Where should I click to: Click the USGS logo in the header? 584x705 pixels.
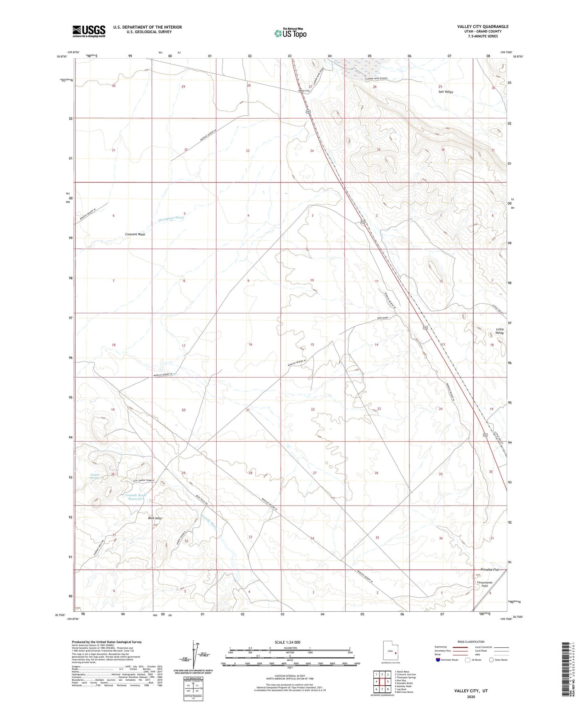[89, 31]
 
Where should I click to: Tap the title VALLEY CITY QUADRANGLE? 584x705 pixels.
[483, 27]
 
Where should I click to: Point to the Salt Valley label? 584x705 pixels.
[445, 92]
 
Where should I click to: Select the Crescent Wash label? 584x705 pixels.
[135, 234]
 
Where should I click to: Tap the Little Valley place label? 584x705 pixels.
[500, 331]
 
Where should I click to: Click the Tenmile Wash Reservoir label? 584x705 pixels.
[135, 497]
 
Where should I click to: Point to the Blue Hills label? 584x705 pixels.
[155, 518]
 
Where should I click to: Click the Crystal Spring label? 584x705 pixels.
[94, 476]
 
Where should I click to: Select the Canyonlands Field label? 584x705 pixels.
[485, 584]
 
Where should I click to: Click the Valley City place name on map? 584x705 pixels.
[304, 91]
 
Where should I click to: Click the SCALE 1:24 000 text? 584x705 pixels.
[287, 642]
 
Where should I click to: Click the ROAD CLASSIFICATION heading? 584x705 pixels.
[471, 642]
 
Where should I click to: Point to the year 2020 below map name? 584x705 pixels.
[471, 697]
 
